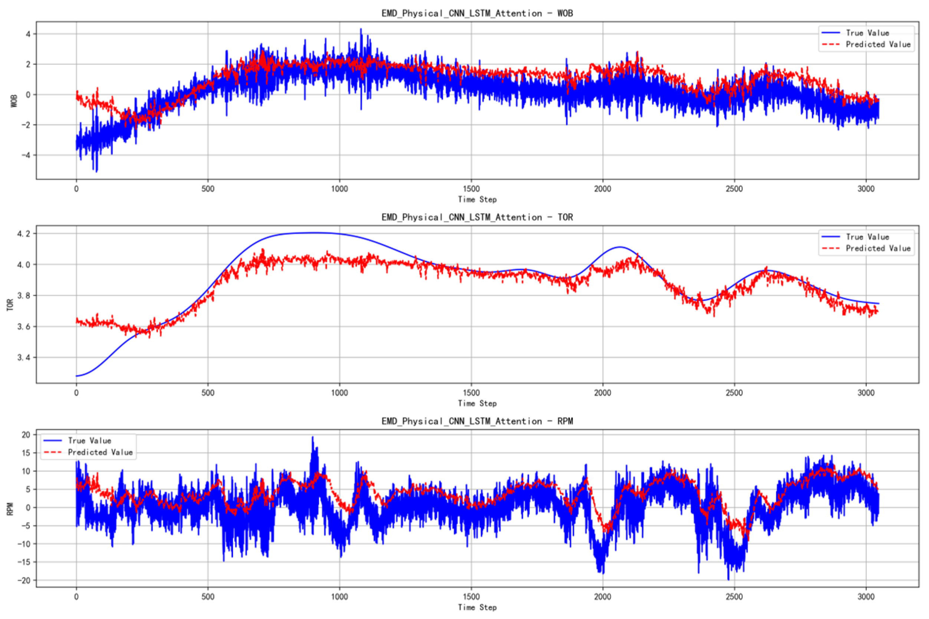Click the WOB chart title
[x=477, y=13]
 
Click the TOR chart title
[x=477, y=217]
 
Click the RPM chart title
[x=477, y=421]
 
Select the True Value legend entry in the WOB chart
[x=867, y=33]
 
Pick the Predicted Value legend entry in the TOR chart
[x=878, y=248]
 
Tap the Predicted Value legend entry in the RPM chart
[x=100, y=452]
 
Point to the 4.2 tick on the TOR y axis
[x=23, y=234]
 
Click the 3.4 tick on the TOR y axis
[x=23, y=358]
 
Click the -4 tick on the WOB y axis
[x=25, y=155]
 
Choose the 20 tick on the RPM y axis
[x=26, y=435]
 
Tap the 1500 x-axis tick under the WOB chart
[x=471, y=189]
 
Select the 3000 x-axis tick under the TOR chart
[x=866, y=393]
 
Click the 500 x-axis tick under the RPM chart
[x=208, y=596]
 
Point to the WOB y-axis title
[x=14, y=101]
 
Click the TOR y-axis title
[x=10, y=305]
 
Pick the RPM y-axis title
[x=10, y=509]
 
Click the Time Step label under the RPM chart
[x=477, y=607]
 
